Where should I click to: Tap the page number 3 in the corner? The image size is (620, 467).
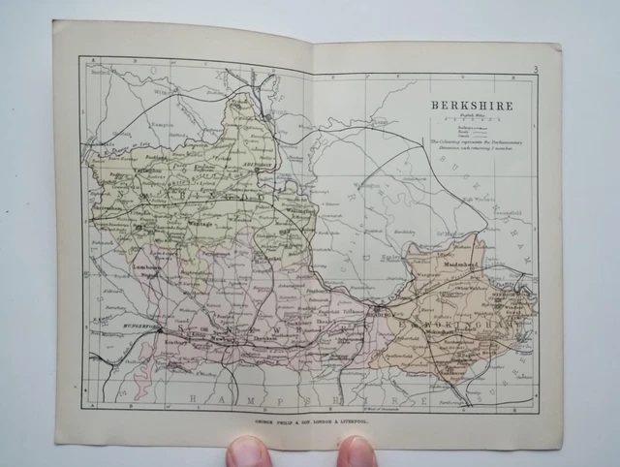535,68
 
